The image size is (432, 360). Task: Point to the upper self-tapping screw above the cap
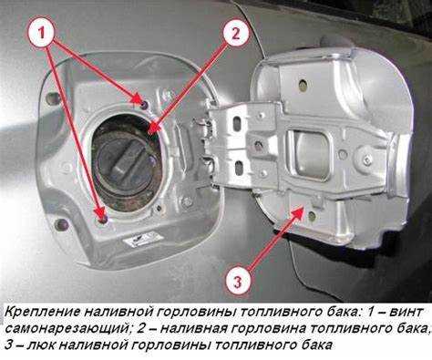point(141,99)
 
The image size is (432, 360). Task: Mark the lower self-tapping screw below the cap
point(100,216)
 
